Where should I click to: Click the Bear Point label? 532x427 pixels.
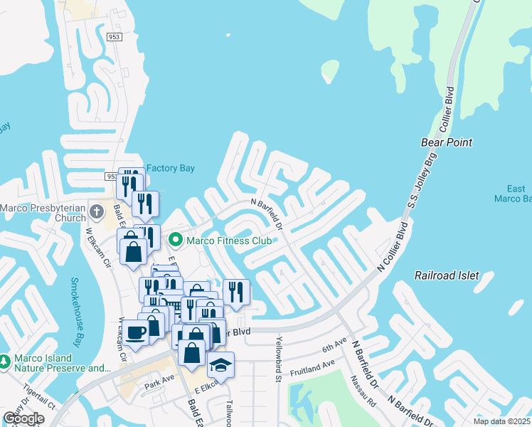coord(446,142)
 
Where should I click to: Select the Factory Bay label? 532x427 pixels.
coord(171,169)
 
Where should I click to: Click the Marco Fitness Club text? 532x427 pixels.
coord(229,241)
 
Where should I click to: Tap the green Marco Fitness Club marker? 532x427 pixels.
coord(176,241)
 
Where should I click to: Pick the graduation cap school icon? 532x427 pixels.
coord(220,365)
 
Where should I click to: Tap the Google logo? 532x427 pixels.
coord(23,418)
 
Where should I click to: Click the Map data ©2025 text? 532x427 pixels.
coord(502,421)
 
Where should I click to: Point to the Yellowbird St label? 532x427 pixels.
coord(278,359)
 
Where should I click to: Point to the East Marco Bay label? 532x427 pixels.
coord(516,194)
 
